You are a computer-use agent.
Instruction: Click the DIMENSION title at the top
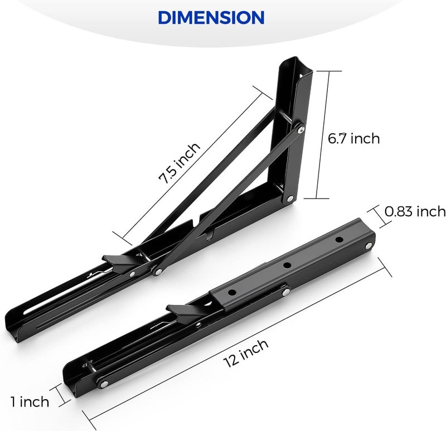(x=211, y=17)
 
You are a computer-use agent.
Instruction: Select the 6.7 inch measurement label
(x=353, y=138)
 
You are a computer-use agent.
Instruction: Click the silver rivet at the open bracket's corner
(x=290, y=198)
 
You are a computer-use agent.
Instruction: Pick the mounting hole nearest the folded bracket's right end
(x=338, y=240)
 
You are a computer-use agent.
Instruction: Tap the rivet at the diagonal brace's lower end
(x=158, y=272)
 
